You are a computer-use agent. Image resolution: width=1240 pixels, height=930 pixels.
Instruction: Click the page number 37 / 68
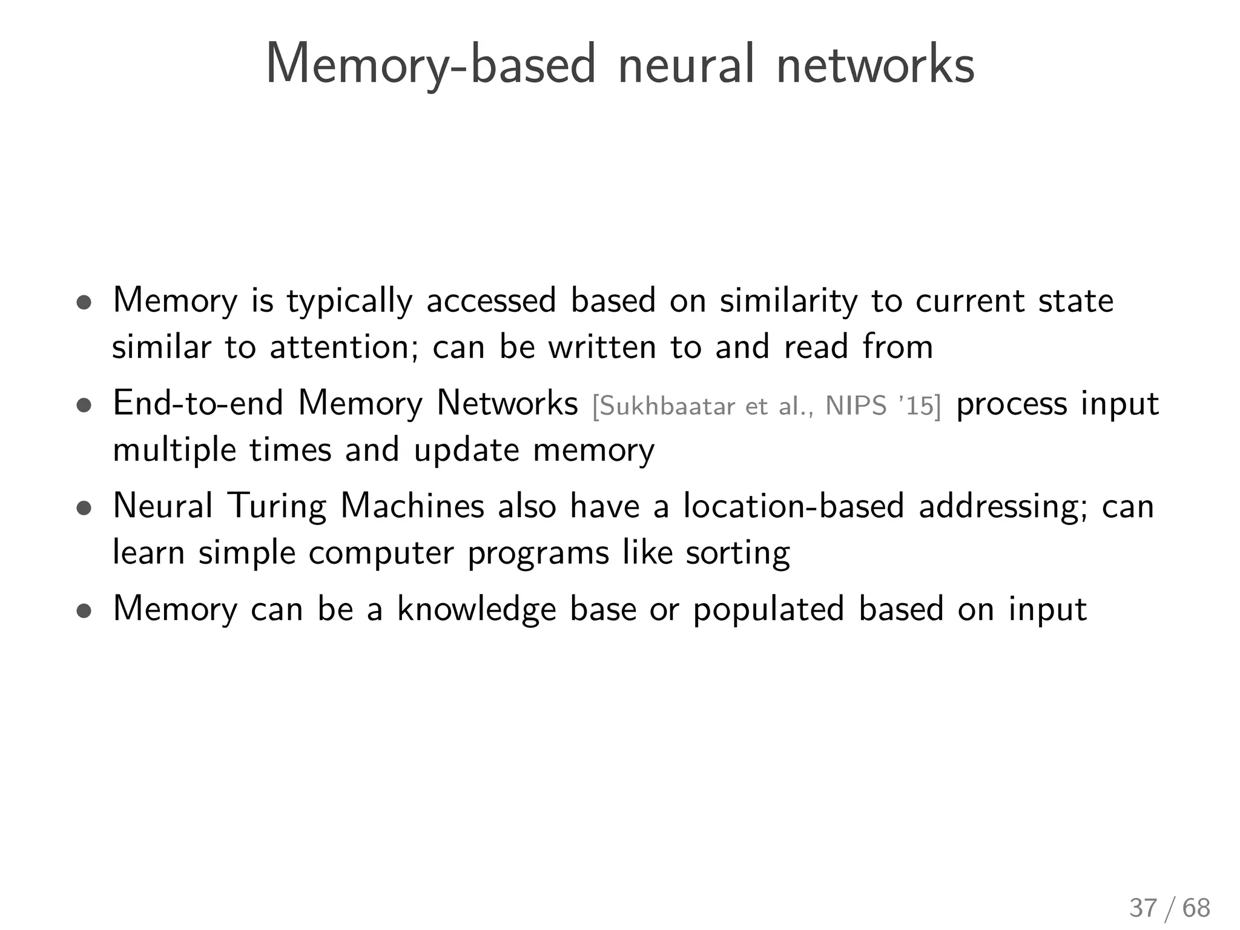click(x=1169, y=908)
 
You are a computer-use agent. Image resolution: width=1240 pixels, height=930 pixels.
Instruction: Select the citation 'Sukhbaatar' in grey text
click(x=664, y=406)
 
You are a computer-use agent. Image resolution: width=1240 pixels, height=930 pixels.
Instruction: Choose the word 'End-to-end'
click(x=198, y=403)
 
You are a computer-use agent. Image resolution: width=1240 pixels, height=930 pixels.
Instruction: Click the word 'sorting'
click(x=737, y=553)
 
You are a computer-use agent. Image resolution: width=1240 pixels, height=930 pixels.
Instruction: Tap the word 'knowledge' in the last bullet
click(x=477, y=609)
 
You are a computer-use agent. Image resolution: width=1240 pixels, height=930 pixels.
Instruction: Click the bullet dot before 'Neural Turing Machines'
click(x=84, y=509)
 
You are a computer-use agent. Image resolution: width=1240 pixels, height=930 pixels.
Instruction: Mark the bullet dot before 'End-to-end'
click(x=84, y=406)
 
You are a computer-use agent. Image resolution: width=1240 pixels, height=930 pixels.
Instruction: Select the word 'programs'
click(x=538, y=553)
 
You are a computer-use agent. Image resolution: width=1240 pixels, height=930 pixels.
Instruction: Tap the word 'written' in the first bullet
click(x=602, y=348)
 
